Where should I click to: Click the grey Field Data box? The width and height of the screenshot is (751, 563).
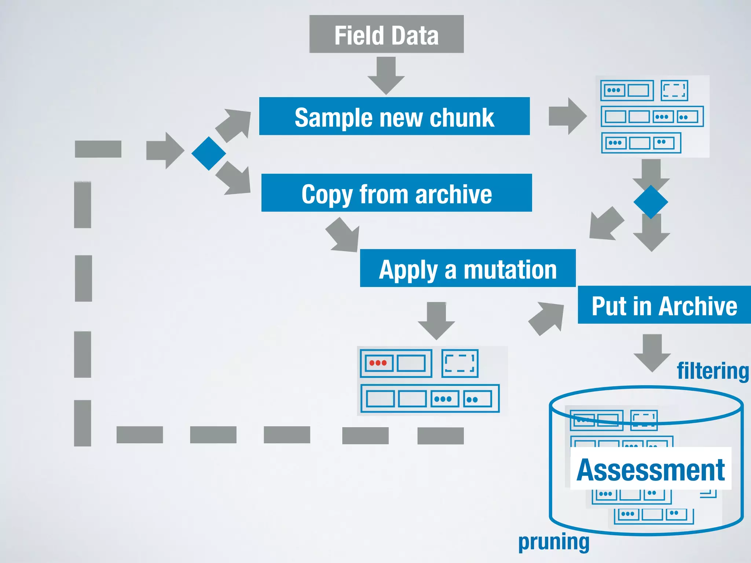(x=387, y=34)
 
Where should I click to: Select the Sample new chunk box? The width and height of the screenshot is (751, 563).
(x=394, y=117)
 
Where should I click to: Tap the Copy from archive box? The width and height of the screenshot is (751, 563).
(x=396, y=193)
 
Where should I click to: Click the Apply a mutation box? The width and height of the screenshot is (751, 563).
(x=468, y=268)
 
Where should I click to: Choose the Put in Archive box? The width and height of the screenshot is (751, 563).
(x=664, y=305)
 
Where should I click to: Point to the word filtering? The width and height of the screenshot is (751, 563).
(x=712, y=371)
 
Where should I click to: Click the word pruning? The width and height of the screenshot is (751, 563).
(x=553, y=542)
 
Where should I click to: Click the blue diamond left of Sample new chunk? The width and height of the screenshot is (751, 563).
(x=209, y=154)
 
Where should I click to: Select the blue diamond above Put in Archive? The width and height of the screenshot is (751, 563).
(x=651, y=202)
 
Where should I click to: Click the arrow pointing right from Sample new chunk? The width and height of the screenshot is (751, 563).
(x=567, y=116)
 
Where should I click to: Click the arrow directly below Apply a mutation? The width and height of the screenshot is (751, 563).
(x=436, y=320)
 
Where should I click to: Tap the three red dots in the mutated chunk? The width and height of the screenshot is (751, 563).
(x=378, y=363)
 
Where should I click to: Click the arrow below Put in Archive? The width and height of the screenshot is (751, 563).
(x=652, y=352)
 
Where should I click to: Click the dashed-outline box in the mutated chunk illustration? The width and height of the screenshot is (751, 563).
(x=460, y=363)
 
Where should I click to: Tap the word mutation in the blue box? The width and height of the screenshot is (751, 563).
(x=510, y=269)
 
